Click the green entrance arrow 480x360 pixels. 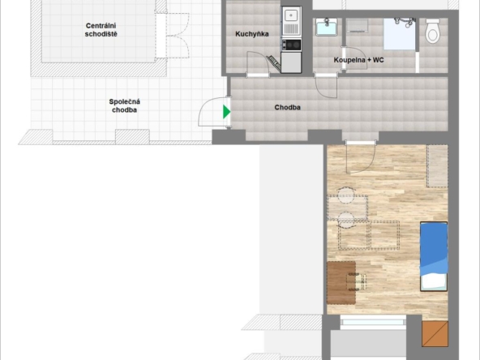pos(226,112)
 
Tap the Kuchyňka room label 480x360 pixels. pos(252,34)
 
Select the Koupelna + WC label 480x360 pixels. pos(358,60)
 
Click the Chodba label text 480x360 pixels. pos(287,107)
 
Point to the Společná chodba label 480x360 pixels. pos(124,105)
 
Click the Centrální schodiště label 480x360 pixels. pos(101,30)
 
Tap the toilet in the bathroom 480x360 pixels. pos(432,30)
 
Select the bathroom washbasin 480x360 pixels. pos(327,27)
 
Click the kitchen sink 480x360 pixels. pos(291,21)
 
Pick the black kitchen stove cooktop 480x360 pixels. pos(291,45)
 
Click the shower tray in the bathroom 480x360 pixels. pos(400,34)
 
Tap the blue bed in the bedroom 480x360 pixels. pos(434,256)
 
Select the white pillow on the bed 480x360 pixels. pos(434,282)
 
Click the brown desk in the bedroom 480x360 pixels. pos(341,282)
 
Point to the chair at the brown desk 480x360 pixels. pos(357,281)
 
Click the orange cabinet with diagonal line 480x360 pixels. pos(435,334)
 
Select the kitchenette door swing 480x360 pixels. pos(258,62)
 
